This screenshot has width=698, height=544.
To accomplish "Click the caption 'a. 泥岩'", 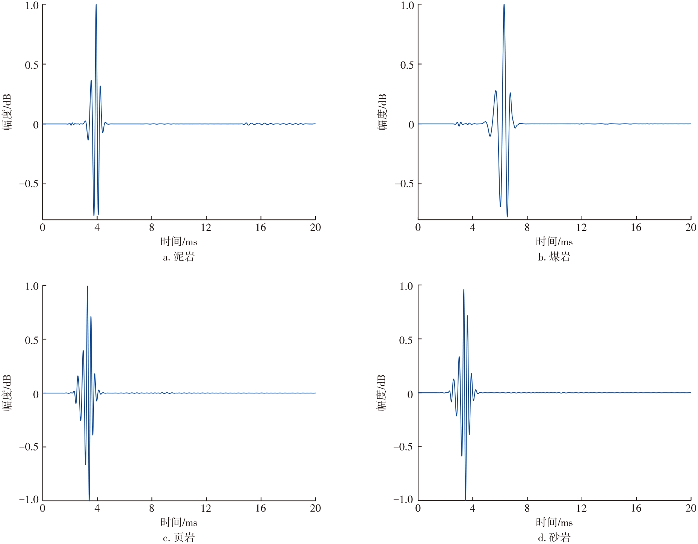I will pyautogui.click(x=179, y=257).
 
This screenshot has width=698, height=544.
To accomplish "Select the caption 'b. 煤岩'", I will pyautogui.click(x=554, y=257).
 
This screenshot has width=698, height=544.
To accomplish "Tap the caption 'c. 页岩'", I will pyautogui.click(x=179, y=538).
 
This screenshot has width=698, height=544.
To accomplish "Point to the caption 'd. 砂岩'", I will pyautogui.click(x=554, y=538).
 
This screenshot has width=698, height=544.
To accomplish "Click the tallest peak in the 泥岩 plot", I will pyautogui.click(x=96, y=5).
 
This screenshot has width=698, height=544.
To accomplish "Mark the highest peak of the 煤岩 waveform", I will pyautogui.click(x=504, y=5).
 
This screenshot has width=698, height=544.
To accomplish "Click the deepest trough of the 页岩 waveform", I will pyautogui.click(x=89, y=499).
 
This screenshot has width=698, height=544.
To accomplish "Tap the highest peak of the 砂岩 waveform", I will pyautogui.click(x=464, y=290).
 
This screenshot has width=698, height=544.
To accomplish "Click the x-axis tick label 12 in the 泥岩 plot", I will pyautogui.click(x=206, y=228).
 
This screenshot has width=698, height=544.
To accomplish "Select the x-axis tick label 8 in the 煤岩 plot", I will pyautogui.click(x=527, y=228).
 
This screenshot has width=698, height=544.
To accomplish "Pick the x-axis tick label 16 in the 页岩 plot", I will pyautogui.click(x=260, y=508).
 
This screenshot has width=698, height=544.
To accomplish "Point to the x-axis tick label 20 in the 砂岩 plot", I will pyautogui.click(x=690, y=508).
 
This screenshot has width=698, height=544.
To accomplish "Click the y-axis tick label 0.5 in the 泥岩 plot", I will pyautogui.click(x=32, y=65).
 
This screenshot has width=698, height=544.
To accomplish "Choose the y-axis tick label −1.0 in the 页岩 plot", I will pyautogui.click(x=29, y=500).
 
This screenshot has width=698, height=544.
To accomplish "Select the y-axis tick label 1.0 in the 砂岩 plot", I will pyautogui.click(x=406, y=286).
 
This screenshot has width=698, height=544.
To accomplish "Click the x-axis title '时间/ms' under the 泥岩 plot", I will pyautogui.click(x=179, y=242).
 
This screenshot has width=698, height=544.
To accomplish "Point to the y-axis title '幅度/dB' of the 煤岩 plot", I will pyautogui.click(x=382, y=112).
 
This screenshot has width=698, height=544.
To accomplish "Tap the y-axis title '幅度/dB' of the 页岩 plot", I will pyautogui.click(x=7, y=393).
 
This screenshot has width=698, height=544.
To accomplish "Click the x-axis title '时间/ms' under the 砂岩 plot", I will pyautogui.click(x=554, y=522).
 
